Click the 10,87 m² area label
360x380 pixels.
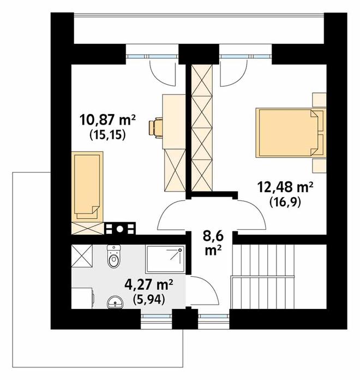(107, 121)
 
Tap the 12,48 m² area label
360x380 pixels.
(285, 188)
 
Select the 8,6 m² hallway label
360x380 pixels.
(213, 244)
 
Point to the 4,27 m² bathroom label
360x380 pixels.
(149, 284)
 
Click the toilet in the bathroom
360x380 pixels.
(113, 256)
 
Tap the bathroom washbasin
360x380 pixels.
(115, 302)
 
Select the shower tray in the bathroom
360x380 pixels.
(165, 259)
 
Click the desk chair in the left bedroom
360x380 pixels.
(155, 128)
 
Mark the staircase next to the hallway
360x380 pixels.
(263, 276)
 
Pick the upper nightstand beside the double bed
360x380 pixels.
(319, 99)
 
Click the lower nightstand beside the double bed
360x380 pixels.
(319, 166)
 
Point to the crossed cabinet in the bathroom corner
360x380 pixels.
(82, 256)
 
